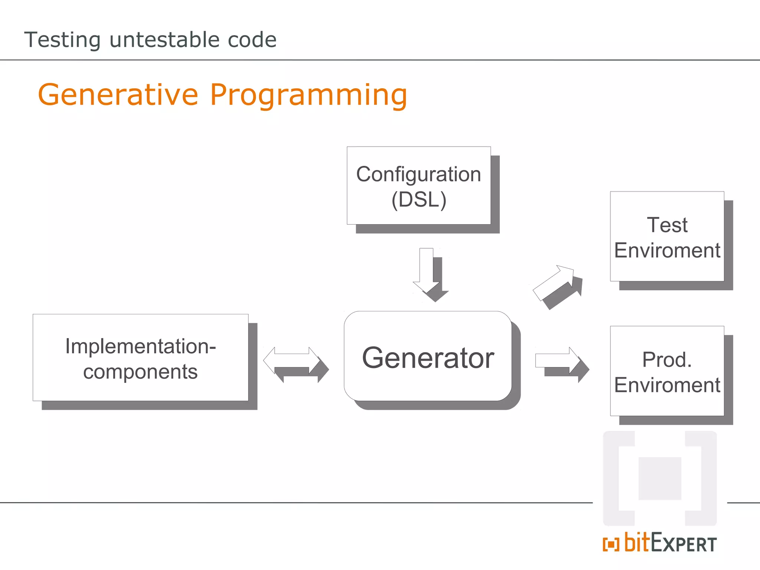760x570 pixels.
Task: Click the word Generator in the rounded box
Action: [x=428, y=358]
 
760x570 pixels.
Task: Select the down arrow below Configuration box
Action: [x=426, y=271]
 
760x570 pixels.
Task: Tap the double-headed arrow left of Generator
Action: [x=292, y=360]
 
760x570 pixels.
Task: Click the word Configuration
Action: [x=419, y=174]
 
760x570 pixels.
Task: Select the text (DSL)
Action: [x=419, y=200]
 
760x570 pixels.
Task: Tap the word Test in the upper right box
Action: [x=667, y=225]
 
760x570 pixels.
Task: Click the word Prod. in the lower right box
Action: [x=667, y=360]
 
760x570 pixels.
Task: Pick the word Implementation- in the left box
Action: [x=140, y=346]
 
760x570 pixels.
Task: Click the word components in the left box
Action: [x=140, y=371]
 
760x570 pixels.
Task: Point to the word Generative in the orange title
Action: [x=118, y=95]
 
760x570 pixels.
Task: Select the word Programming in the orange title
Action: [x=309, y=95]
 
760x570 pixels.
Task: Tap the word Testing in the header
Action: [x=62, y=40]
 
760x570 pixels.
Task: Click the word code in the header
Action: [x=252, y=40]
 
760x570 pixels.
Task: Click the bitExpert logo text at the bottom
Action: [x=670, y=543]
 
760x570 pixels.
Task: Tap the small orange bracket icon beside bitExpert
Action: [x=611, y=544]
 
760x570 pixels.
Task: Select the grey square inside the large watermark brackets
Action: [x=659, y=478]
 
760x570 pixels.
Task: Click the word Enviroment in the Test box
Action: [x=667, y=250]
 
